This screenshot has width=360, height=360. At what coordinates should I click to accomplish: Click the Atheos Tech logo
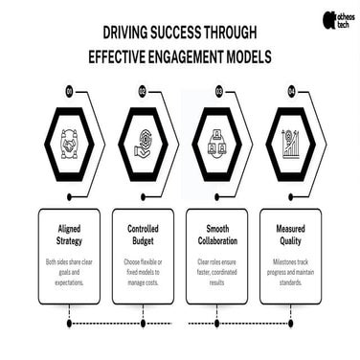(x=337, y=19)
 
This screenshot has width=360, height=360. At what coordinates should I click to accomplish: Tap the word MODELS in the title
(x=244, y=56)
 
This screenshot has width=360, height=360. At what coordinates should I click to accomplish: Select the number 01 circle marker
(x=70, y=92)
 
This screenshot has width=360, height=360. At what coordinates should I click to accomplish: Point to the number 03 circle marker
(x=218, y=92)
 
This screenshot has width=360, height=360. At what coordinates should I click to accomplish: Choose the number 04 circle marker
(x=292, y=92)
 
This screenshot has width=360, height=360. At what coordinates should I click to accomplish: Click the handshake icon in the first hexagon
(x=69, y=144)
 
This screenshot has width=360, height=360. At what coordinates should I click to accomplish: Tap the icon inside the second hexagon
(x=143, y=144)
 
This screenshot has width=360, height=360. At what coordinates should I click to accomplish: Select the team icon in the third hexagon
(x=216, y=144)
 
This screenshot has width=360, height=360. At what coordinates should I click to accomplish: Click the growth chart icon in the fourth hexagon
(x=290, y=144)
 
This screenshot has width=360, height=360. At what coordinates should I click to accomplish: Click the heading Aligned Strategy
(x=69, y=236)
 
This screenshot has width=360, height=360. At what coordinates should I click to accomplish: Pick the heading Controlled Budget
(x=143, y=236)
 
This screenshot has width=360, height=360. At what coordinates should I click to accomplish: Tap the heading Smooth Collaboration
(x=216, y=236)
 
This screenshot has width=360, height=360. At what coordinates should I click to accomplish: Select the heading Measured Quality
(x=290, y=236)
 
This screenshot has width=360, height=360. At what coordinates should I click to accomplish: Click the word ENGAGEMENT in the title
(x=169, y=56)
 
